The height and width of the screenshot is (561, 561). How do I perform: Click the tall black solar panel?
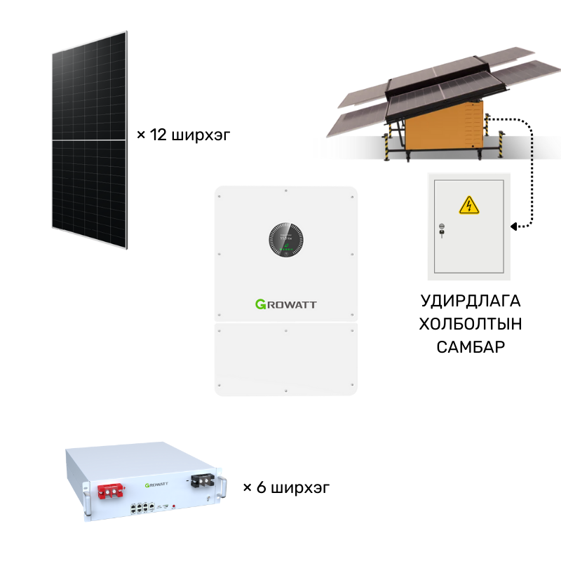(90, 140)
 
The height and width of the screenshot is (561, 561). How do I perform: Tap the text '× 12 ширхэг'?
(183, 135)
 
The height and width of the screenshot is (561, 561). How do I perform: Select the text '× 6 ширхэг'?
(286, 487)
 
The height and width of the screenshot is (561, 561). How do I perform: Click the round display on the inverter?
(286, 240)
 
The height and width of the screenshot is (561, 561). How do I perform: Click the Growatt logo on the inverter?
(286, 304)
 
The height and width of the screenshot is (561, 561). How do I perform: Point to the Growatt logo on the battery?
(156, 485)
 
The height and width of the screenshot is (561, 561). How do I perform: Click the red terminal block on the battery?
(111, 492)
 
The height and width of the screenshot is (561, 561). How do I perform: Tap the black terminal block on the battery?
(203, 480)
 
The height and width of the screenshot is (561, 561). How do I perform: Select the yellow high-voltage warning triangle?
(468, 205)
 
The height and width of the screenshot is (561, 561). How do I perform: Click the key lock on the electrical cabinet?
(442, 231)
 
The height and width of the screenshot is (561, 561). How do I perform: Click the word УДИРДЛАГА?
(471, 302)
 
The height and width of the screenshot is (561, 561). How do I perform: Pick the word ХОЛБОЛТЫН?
(471, 324)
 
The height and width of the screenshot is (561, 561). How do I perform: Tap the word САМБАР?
(471, 347)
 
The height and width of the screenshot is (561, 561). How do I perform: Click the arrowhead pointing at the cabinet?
(513, 227)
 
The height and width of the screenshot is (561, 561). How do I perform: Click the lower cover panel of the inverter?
(286, 359)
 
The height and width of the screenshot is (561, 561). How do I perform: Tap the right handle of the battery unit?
(223, 486)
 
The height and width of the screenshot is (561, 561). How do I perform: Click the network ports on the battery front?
(142, 508)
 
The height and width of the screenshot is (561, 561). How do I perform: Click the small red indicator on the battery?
(174, 506)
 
